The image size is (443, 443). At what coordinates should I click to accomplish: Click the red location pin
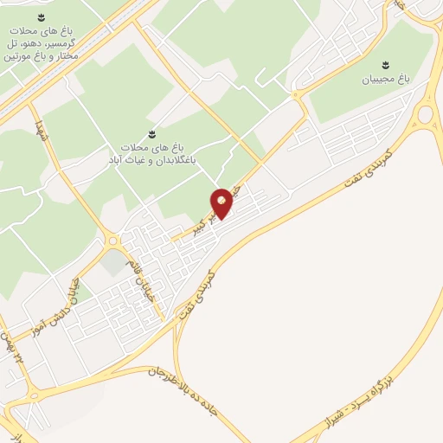222,202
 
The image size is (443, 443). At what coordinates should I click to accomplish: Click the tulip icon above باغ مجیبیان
387,64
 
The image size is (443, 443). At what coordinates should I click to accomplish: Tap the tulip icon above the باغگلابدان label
151,133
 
